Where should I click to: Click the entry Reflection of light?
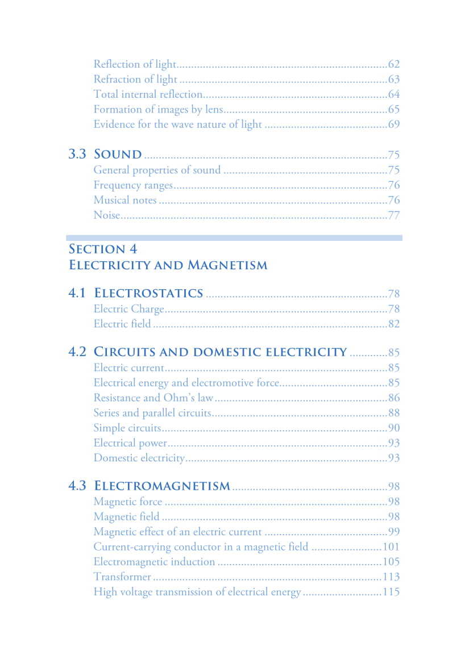click(135, 64)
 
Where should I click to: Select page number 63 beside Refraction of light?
click(393, 80)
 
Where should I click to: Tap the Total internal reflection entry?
click(148, 94)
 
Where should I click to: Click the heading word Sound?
click(118, 154)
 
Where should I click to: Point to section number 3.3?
click(77, 154)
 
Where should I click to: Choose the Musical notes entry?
click(125, 200)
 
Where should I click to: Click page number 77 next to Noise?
click(393, 215)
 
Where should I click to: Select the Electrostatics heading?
click(148, 293)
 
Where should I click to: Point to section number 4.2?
click(77, 352)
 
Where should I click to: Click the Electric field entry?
click(122, 324)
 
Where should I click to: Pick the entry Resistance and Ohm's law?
click(153, 398)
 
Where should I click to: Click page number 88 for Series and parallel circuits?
click(393, 413)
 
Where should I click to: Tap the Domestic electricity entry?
click(139, 458)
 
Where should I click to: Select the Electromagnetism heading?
click(162, 486)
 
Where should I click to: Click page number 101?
click(391, 547)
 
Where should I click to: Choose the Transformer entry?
click(122, 577)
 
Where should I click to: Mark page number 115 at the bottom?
click(391, 592)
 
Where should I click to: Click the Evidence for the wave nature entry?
click(177, 124)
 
